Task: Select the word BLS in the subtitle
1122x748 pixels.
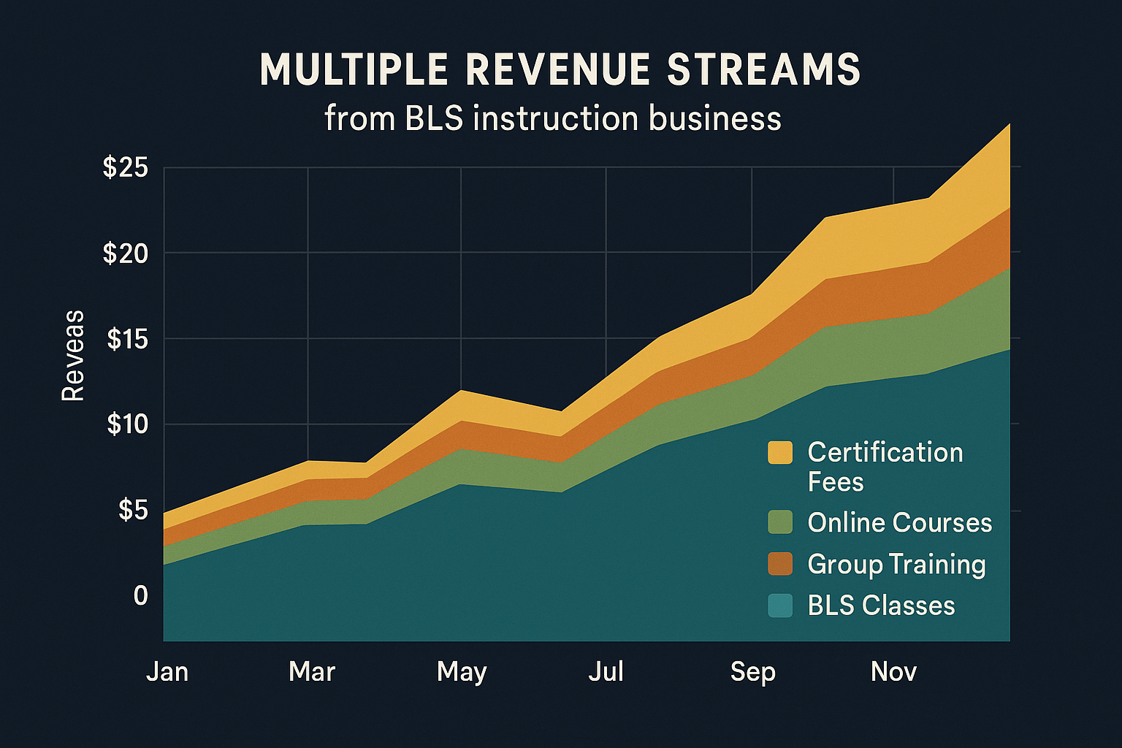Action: pyautogui.click(x=434, y=118)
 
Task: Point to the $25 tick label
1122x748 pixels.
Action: pyautogui.click(x=126, y=167)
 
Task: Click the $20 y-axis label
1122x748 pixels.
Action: pyautogui.click(x=126, y=253)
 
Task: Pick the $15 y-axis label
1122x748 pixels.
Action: pyautogui.click(x=127, y=339)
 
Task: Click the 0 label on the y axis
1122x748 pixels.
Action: pyautogui.click(x=140, y=595)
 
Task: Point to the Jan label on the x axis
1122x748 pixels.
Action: pyautogui.click(x=167, y=671)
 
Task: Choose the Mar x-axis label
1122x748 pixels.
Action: pyautogui.click(x=312, y=671)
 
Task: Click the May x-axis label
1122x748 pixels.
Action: pyautogui.click(x=462, y=672)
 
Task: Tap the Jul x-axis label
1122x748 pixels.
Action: pyautogui.click(x=606, y=671)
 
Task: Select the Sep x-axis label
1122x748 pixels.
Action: pyautogui.click(x=752, y=672)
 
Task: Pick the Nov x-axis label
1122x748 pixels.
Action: pyautogui.click(x=893, y=671)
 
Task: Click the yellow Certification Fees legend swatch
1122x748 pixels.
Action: pyautogui.click(x=780, y=453)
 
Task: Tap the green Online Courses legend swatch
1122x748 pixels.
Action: pyautogui.click(x=780, y=522)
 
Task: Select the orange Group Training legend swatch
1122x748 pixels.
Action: pyautogui.click(x=780, y=564)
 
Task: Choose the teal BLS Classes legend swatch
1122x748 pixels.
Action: pyautogui.click(x=780, y=606)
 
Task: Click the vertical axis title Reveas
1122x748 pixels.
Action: pyautogui.click(x=73, y=355)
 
